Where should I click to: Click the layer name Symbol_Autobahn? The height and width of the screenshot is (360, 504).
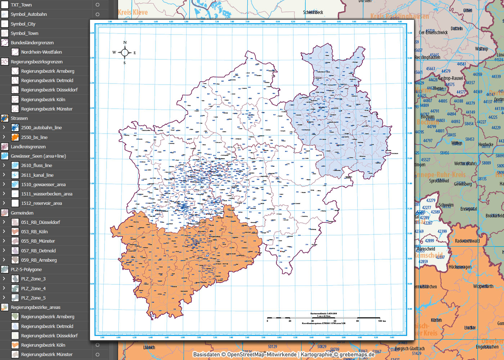pyautogui.click(x=29, y=14)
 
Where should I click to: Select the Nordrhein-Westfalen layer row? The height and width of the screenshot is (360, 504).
pyautogui.click(x=41, y=52)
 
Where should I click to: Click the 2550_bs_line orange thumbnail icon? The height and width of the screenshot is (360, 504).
pyautogui.click(x=15, y=137)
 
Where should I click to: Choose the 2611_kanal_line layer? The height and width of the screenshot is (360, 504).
pyautogui.click(x=37, y=175)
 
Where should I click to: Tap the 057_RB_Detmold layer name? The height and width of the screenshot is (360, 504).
pyautogui.click(x=38, y=251)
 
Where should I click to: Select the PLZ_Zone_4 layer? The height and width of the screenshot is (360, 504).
pyautogui.click(x=33, y=288)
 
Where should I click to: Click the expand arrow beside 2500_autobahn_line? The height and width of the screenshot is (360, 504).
pyautogui.click(x=4, y=127)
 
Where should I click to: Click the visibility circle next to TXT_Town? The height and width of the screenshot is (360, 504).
pyautogui.click(x=97, y=5)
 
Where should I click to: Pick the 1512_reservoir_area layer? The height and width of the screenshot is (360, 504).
pyautogui.click(x=41, y=203)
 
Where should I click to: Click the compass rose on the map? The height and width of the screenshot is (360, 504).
pyautogui.click(x=125, y=53)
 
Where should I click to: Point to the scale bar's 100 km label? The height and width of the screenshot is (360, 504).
pyautogui.click(x=382, y=321)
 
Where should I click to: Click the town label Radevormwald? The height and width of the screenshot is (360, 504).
pyautogui.click(x=467, y=241)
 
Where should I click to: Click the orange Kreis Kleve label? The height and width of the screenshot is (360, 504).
pyautogui.click(x=133, y=13)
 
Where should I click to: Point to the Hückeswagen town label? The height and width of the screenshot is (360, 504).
pyautogui.click(x=460, y=267)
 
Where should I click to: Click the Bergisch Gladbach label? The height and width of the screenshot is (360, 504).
pyautogui.click(x=410, y=348)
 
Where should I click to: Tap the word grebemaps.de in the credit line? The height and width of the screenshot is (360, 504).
pyautogui.click(x=357, y=355)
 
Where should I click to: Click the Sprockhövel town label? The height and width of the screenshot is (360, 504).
pyautogui.click(x=439, y=181)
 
